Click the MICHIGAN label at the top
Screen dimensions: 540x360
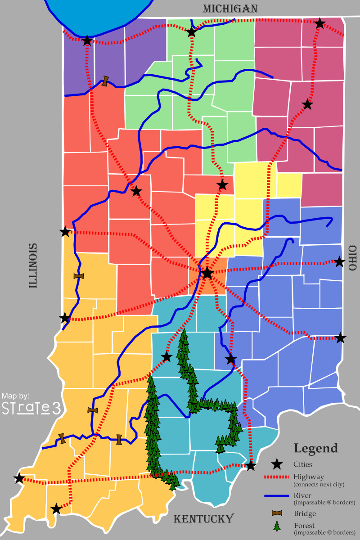[230, 9]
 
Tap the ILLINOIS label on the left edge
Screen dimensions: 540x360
[33, 265]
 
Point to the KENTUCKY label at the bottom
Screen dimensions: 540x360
[204, 519]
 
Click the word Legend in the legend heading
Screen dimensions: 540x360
[315, 448]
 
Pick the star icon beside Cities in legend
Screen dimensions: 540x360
[278, 464]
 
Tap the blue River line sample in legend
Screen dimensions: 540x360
[277, 495]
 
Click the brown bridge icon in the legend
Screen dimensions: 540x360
[278, 513]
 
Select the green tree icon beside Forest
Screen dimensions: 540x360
[278, 526]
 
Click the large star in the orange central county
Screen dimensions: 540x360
[207, 273]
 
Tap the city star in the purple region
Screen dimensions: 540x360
[87, 41]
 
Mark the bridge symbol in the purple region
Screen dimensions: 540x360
[105, 81]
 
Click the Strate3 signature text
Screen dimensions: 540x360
[31, 408]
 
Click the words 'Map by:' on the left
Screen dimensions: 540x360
[16, 396]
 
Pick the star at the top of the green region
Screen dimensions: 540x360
[192, 31]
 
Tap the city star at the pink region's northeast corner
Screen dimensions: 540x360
[319, 23]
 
